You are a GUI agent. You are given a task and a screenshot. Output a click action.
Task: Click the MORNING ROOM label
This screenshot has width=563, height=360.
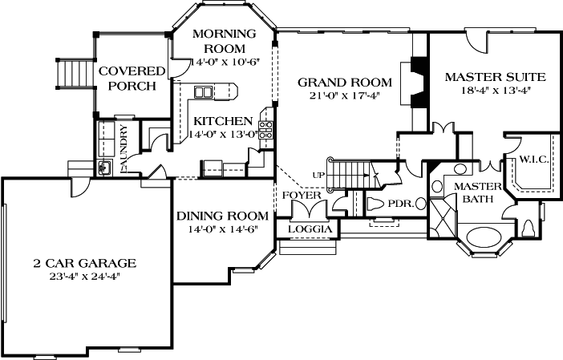pos(224,41)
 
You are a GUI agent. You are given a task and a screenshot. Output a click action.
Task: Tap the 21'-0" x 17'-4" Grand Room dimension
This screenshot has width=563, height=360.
pos(345,96)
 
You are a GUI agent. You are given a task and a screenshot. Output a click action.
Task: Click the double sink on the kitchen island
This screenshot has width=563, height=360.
pos(203,93)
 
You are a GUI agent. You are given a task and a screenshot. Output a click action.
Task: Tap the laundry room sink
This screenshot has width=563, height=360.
pos(104,168)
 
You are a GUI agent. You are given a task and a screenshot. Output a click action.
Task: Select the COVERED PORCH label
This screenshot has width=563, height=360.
pos(132,79)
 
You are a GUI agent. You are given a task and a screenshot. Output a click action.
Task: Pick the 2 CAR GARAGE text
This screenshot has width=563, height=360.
pos(84,263)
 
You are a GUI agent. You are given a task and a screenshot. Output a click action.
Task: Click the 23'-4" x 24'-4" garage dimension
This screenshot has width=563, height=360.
pos(84,276)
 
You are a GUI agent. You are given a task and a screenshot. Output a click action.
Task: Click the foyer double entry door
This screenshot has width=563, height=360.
pos(308,211)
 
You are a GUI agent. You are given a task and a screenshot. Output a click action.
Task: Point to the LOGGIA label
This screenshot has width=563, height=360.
pos(308,230)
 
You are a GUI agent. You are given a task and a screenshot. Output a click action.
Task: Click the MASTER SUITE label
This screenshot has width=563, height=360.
pos(495,77)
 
